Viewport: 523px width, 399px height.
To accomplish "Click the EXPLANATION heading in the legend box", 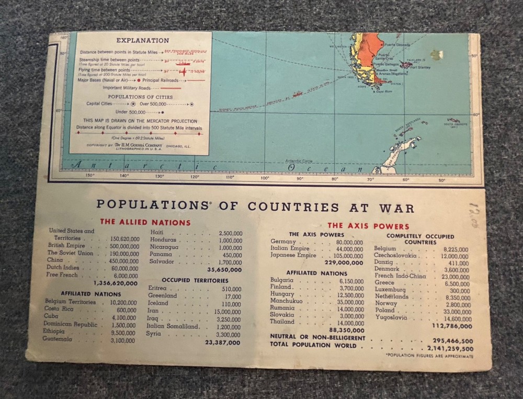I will pos(142,40).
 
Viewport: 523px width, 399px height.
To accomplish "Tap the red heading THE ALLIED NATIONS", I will pos(145,222).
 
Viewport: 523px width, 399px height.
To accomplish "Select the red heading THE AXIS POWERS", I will pos(368,226).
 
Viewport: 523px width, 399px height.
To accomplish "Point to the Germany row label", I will pos(283,242).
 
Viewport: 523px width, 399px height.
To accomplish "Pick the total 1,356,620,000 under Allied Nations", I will pos(116,283).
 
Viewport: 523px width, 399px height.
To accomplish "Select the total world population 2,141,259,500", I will pos(450,348).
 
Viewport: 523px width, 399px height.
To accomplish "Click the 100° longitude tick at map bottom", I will pos(265,178).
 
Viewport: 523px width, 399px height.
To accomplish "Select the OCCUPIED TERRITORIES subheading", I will pos(195,280).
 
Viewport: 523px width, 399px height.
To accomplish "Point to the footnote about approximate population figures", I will pos(429,356).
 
